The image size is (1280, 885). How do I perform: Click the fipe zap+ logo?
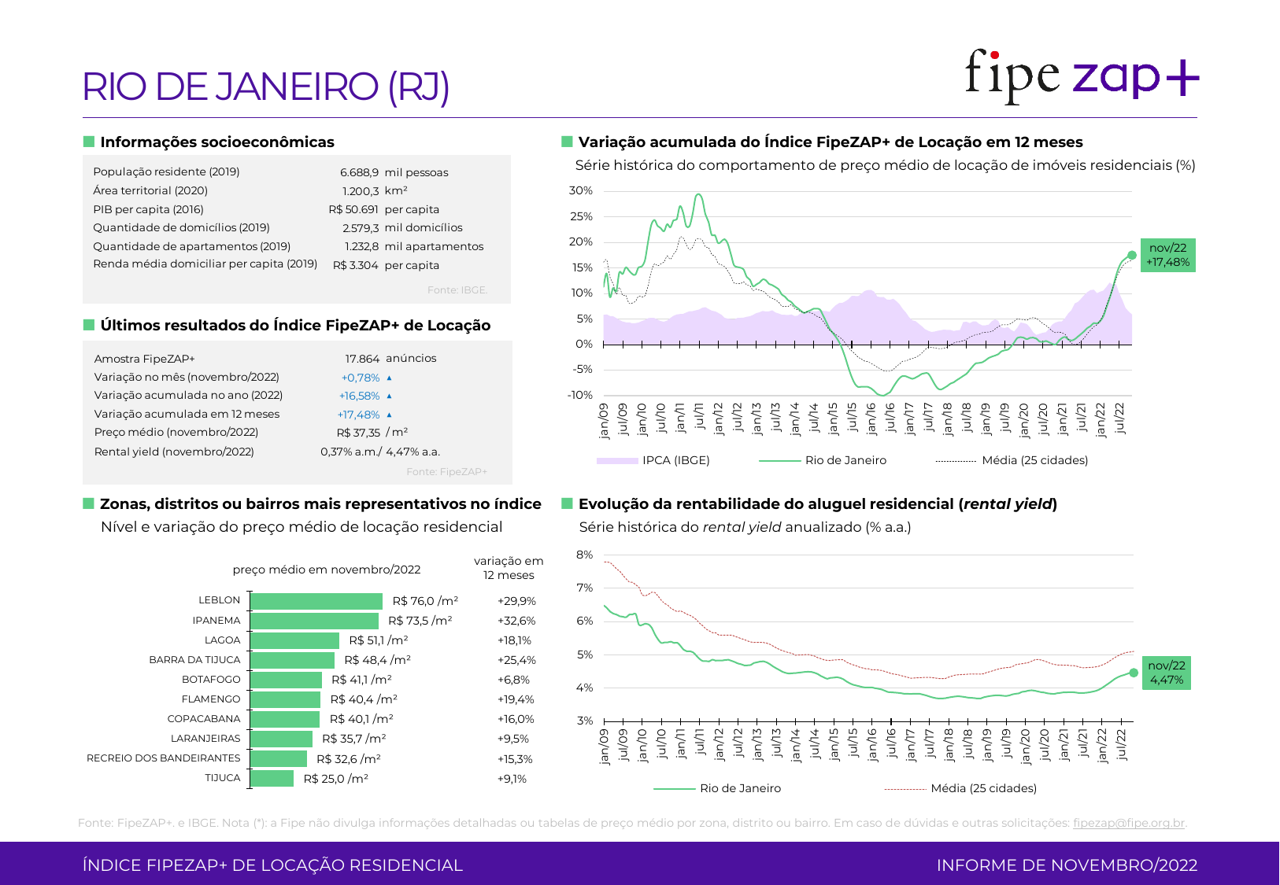(1082, 76)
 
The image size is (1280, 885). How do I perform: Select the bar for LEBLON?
(316, 601)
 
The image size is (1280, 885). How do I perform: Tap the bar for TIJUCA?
(272, 779)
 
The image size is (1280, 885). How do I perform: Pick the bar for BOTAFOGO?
(287, 680)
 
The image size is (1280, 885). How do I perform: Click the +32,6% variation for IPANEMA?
(516, 621)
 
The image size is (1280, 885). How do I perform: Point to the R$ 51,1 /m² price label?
(379, 640)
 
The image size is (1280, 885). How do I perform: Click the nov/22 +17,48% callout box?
(1168, 255)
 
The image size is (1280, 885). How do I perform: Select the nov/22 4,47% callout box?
(1167, 673)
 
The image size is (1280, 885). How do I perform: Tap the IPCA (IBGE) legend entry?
(653, 460)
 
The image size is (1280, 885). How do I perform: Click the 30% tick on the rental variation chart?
(581, 190)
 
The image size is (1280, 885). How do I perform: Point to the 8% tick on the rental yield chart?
(584, 555)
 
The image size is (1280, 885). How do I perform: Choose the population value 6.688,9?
(359, 172)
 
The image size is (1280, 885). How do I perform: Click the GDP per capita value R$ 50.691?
(353, 209)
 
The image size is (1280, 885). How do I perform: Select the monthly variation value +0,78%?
(361, 378)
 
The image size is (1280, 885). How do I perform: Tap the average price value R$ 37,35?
(358, 433)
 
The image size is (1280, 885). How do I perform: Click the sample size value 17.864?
(362, 359)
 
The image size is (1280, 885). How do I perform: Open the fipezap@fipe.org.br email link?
(1129, 823)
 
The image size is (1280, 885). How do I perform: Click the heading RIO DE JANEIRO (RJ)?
(266, 87)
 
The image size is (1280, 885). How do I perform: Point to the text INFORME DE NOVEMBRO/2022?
(1067, 865)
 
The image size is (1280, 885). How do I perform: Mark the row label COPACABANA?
(204, 719)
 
